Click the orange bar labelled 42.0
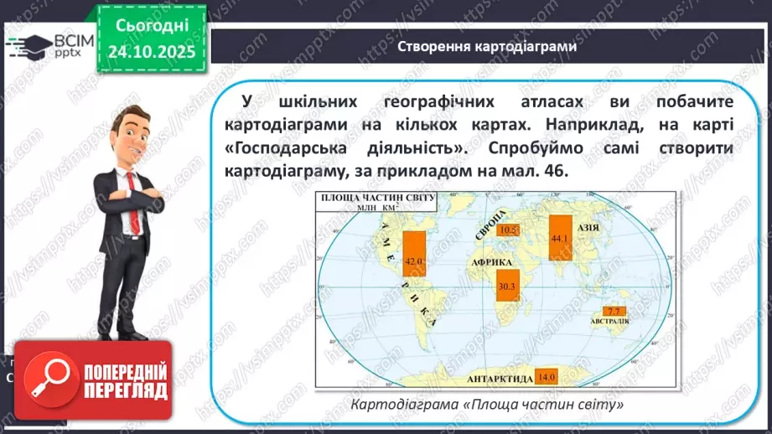pos(414,259)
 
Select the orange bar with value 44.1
pos(560,237)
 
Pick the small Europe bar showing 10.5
pos(507,230)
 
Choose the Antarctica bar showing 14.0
pos(547,377)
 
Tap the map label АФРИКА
pos(498,262)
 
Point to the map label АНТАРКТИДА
pos(500,378)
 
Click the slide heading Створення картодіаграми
pos(487,47)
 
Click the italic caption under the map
pos(488,405)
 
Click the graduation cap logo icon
pos(28,44)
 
